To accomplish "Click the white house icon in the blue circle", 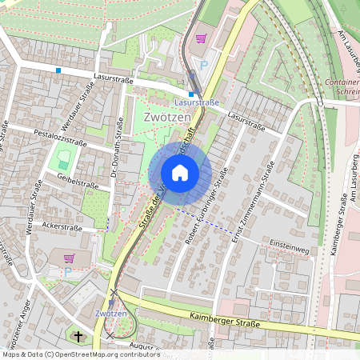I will (x=180, y=173).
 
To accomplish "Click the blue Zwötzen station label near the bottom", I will (x=111, y=313).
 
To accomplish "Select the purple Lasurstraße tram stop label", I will (x=196, y=103).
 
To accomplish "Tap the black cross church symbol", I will (x=78, y=336).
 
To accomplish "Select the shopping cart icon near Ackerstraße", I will (x=69, y=258).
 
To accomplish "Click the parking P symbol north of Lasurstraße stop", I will (x=203, y=65).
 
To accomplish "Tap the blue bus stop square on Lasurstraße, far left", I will (x=58, y=70).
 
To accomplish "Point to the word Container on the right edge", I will (x=342, y=82).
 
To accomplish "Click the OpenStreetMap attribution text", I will (x=80, y=354).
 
